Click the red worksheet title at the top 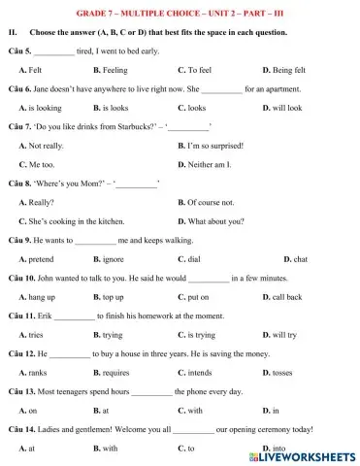click(x=180, y=14)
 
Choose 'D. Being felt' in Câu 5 click(x=285, y=71)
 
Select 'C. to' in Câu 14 click(x=186, y=448)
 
